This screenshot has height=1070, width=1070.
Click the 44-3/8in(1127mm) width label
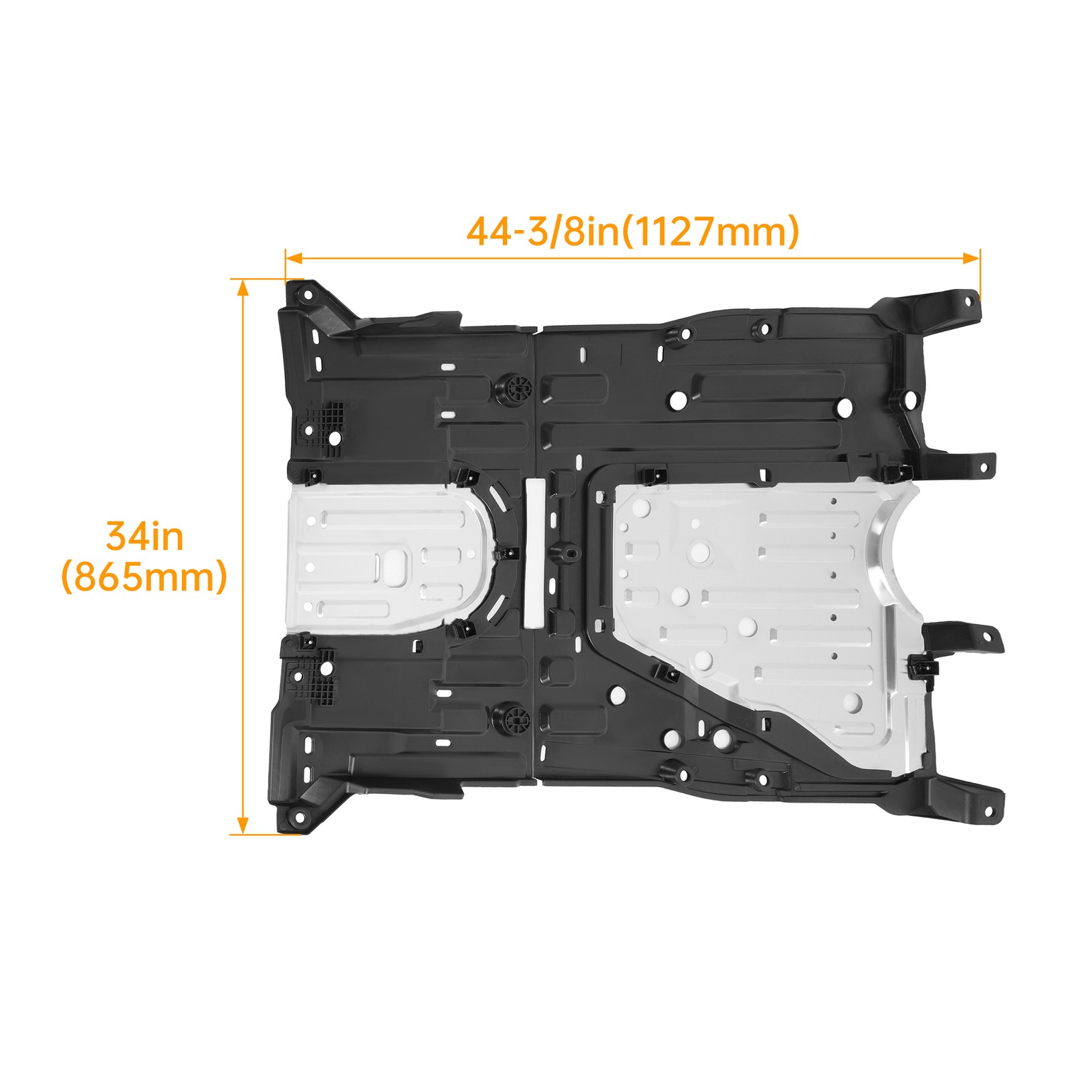633,231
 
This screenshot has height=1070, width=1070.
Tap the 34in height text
145,536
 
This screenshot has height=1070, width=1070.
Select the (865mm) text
144,577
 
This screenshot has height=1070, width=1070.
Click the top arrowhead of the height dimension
243,288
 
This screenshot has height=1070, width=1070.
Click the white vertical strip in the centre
535,552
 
